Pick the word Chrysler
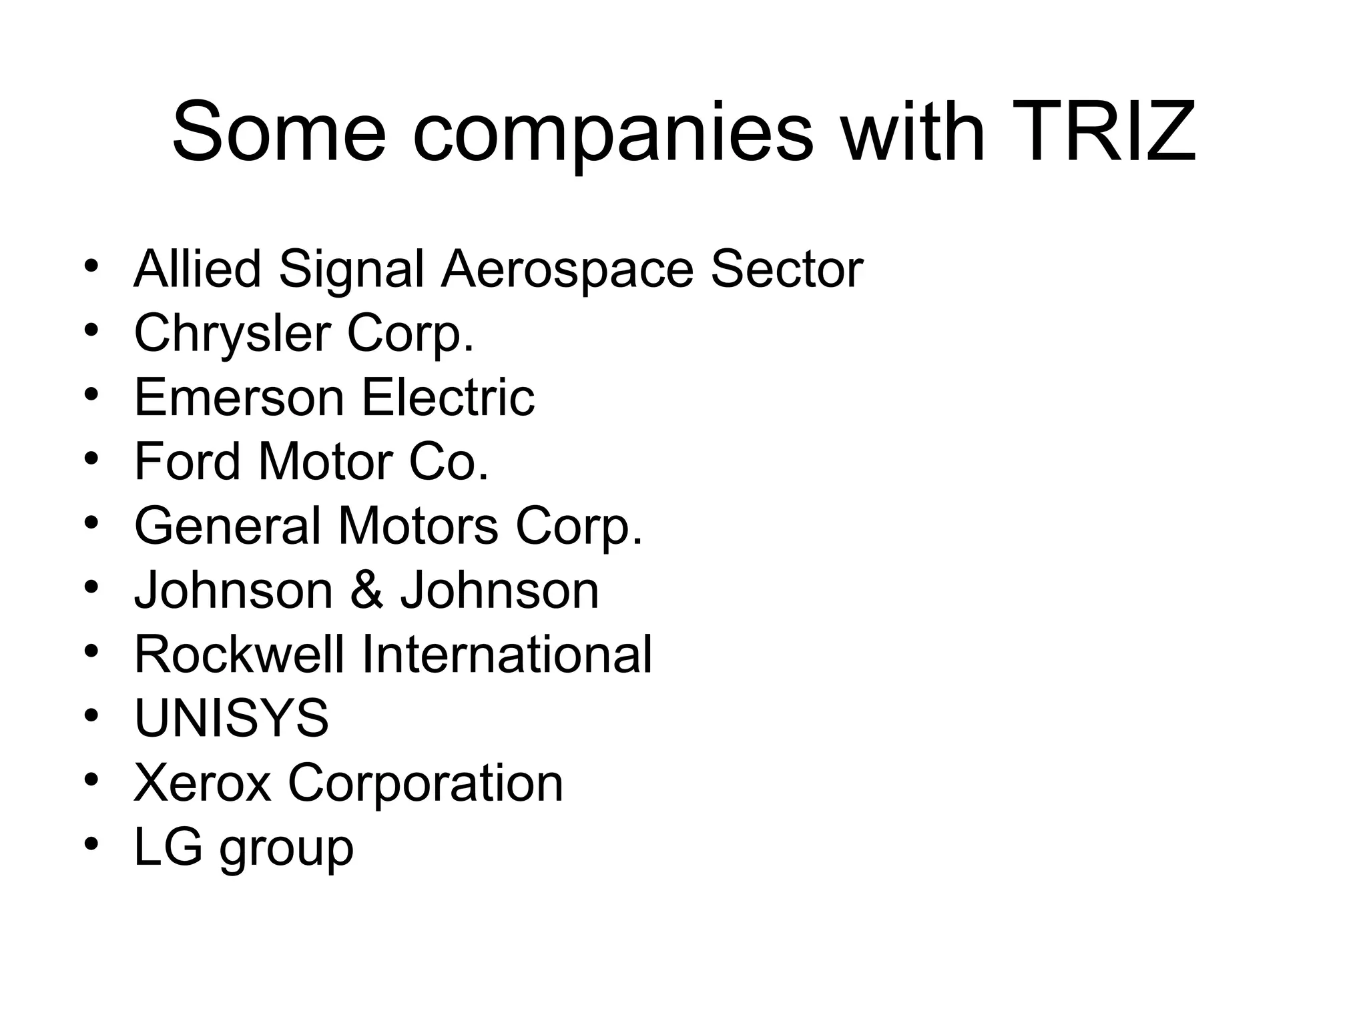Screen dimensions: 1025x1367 (x=232, y=334)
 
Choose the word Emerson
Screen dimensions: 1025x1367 (x=240, y=398)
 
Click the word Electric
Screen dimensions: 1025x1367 (x=448, y=398)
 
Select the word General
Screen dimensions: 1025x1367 (x=228, y=527)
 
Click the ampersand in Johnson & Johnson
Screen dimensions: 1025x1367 (x=366, y=591)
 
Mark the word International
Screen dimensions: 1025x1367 (x=507, y=655)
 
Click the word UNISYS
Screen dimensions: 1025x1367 (x=232, y=719)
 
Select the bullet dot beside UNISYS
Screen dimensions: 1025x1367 (x=91, y=715)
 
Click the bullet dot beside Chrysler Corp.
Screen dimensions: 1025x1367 (x=91, y=330)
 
